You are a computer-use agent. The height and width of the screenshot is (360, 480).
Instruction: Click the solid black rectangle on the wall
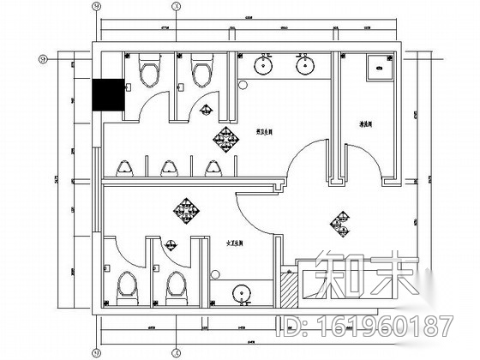pyautogui.click(x=109, y=94)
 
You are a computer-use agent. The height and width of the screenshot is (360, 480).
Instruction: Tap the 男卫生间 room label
pyautogui.click(x=253, y=130)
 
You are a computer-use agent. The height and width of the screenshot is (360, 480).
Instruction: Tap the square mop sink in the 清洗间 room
pyautogui.click(x=377, y=69)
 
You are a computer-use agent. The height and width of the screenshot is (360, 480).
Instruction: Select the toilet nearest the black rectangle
pyautogui.click(x=147, y=72)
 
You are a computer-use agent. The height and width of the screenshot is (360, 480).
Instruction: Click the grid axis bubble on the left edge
pyautogui.click(x=43, y=59)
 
